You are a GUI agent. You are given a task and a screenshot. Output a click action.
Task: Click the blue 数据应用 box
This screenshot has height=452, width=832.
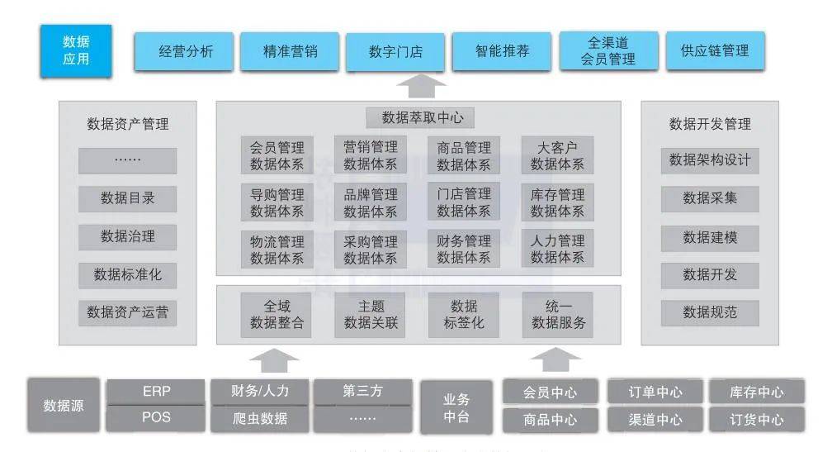76,50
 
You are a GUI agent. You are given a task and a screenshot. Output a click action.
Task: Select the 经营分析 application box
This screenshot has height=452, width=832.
183,51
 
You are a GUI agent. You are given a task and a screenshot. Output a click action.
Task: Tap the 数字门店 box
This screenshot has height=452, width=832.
395,51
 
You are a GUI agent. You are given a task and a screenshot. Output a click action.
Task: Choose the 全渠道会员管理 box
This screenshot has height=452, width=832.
608,50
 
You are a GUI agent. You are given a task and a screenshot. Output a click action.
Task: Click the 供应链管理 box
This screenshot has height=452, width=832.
716,50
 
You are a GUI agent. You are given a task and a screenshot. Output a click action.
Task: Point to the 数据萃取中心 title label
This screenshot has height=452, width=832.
420,117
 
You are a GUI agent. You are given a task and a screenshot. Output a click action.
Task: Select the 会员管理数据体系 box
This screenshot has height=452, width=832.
277,155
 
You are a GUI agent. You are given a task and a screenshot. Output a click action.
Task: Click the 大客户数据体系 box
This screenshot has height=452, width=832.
557,155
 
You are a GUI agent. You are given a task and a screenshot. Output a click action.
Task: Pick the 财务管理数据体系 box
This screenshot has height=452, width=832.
464,249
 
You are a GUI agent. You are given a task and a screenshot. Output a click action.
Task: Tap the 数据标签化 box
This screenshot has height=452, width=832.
464,315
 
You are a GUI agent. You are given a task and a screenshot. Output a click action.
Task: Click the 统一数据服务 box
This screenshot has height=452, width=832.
558,315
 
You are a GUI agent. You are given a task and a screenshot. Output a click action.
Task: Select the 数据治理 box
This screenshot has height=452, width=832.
128,237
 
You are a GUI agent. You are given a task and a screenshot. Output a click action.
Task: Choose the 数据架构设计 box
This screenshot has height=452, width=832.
710,160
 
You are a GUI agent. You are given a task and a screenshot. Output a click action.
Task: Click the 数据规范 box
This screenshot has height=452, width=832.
710,313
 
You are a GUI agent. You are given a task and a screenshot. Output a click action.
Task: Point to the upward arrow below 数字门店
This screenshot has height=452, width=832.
421,85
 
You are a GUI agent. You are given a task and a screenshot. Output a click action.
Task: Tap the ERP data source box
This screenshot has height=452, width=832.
156,392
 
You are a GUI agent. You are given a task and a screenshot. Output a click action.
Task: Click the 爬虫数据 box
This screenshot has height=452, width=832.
259,419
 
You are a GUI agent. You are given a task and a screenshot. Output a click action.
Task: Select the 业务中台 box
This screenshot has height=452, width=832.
456,407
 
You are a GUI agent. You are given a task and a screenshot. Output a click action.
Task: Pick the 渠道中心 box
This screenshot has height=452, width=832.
655,420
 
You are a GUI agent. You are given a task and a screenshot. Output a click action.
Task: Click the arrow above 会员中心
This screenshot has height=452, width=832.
555,359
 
